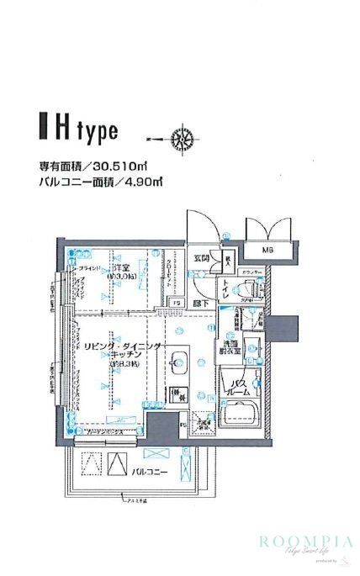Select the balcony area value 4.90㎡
pyautogui.click(x=143, y=182)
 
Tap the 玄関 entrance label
pyautogui.click(x=201, y=258)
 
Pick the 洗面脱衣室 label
pyautogui.click(x=232, y=347)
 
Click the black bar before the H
pyautogui.click(x=43, y=131)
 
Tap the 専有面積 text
pyautogui.click(x=60, y=166)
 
